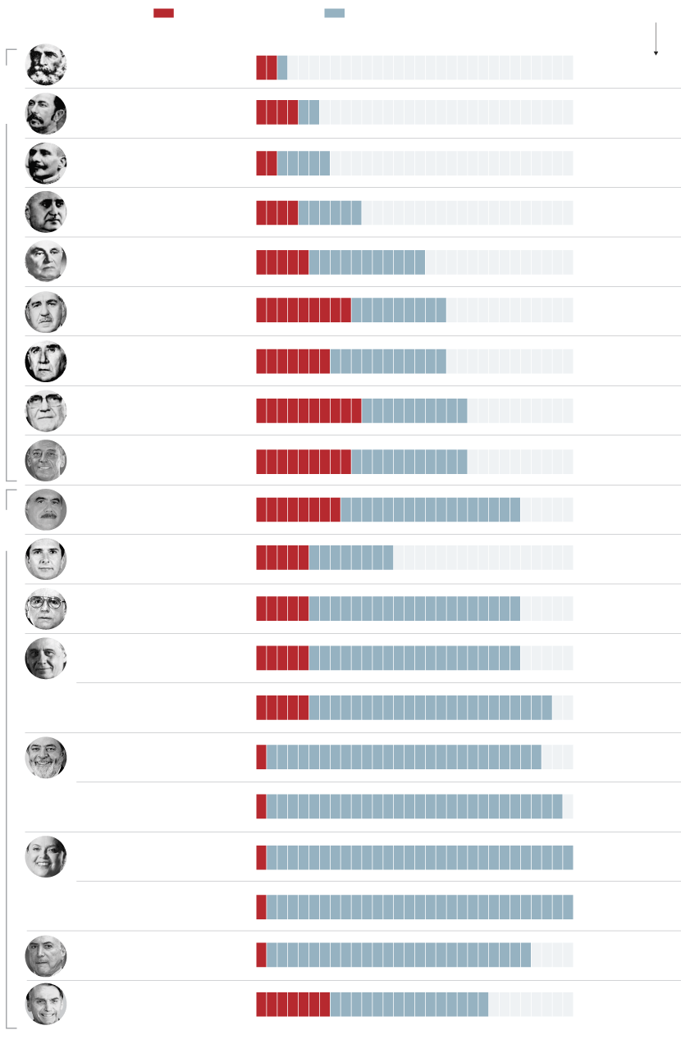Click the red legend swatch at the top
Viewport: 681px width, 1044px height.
click(x=163, y=13)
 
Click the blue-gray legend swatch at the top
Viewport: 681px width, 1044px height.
click(x=334, y=13)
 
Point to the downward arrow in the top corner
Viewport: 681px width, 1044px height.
click(x=656, y=41)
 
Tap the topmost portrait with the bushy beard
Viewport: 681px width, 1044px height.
click(x=46, y=64)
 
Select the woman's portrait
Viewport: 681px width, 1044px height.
click(x=46, y=856)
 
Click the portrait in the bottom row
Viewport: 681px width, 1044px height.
click(x=46, y=1004)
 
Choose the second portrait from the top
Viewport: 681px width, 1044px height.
click(x=46, y=114)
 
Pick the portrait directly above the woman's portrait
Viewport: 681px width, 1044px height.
click(x=46, y=757)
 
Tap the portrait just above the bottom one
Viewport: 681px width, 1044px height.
click(x=46, y=955)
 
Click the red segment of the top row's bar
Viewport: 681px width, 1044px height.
click(x=267, y=67)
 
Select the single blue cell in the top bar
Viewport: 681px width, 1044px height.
click(x=282, y=67)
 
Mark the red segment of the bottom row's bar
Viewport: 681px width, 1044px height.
click(x=293, y=1005)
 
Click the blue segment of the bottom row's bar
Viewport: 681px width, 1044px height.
click(x=409, y=1005)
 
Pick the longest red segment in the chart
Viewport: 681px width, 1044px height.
click(x=309, y=411)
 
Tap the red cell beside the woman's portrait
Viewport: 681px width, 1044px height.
click(x=261, y=857)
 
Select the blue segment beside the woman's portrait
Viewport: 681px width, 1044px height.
click(x=419, y=857)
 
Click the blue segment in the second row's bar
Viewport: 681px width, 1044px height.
click(x=309, y=112)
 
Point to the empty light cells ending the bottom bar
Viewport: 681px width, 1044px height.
click(x=531, y=1005)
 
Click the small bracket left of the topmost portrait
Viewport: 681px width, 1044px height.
click(x=10, y=56)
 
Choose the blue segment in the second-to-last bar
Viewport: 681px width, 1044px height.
click(x=398, y=955)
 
